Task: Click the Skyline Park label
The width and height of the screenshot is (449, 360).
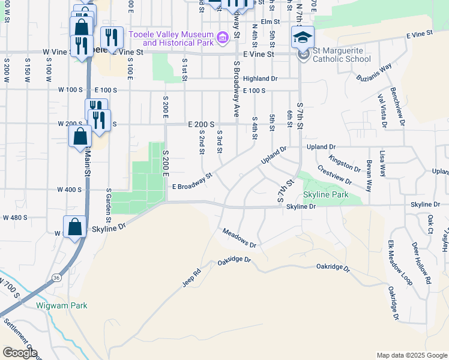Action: pos(326,194)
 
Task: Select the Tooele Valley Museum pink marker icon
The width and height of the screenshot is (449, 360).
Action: pos(223,38)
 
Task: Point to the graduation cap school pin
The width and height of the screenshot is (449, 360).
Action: pos(303,38)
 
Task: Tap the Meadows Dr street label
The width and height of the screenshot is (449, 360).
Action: pos(239,238)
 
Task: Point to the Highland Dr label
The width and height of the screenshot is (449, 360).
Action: pos(261,79)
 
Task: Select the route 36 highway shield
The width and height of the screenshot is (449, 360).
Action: pos(56,278)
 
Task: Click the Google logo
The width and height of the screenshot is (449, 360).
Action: pos(19,353)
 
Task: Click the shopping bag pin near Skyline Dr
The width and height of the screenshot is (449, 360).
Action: pos(75,228)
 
